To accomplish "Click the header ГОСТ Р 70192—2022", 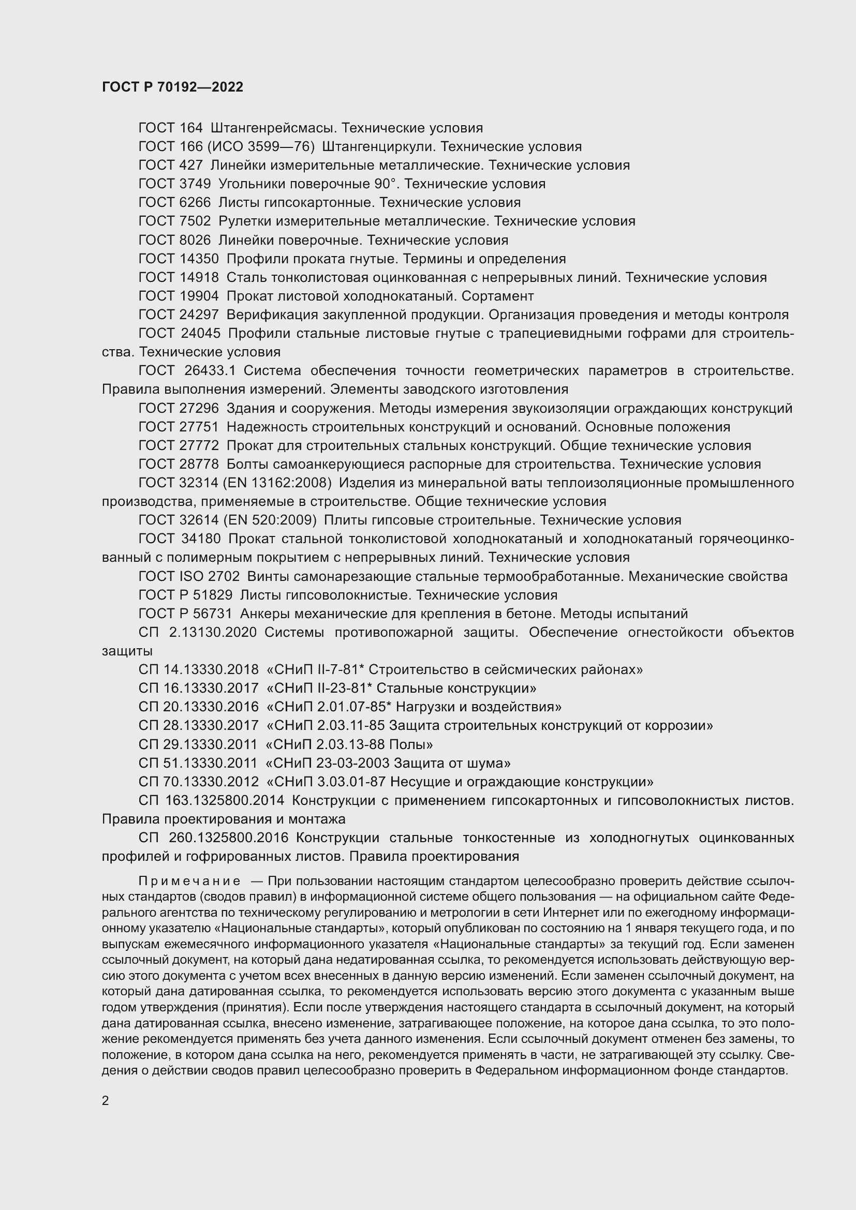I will (172, 87).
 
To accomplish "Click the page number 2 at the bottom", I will (106, 1100).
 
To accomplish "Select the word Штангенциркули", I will (378, 146).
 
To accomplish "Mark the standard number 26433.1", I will (210, 370).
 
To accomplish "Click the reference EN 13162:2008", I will (277, 483).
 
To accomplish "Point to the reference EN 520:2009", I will (270, 520).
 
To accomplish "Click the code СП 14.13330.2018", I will (198, 669).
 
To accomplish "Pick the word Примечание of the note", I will (189, 881).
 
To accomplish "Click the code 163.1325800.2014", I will (211, 800).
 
